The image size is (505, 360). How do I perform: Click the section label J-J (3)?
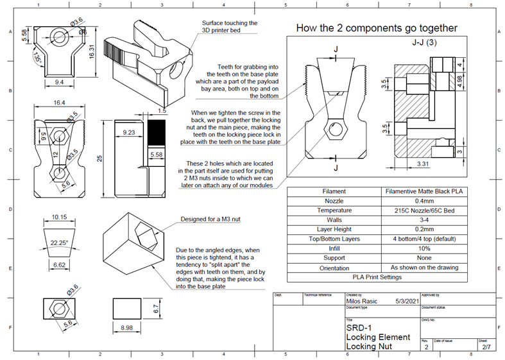click(424, 44)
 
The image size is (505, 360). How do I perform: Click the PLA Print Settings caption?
click(377, 277)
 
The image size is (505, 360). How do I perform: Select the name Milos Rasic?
click(363, 300)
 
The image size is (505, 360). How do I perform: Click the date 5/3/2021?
click(407, 300)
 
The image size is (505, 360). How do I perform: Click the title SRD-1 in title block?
click(358, 327)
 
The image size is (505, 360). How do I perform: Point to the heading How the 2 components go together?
click(377, 28)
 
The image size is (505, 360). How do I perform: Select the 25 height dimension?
click(100, 158)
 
